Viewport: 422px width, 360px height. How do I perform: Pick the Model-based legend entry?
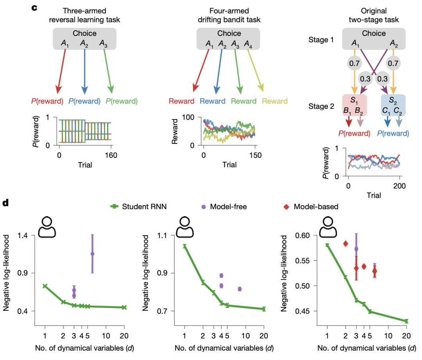[x=311, y=206]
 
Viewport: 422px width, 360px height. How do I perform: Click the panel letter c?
[x=34, y=7]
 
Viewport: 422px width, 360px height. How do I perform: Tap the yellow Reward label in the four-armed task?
[x=275, y=101]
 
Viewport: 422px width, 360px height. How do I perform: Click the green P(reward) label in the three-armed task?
[x=122, y=101]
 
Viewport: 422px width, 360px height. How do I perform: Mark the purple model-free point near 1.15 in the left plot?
[x=92, y=254]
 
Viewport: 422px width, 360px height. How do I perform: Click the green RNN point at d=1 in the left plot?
[x=45, y=286]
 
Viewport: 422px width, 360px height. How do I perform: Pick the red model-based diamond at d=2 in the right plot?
[x=345, y=244]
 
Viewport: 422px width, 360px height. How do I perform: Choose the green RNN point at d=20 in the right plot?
[x=406, y=321]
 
